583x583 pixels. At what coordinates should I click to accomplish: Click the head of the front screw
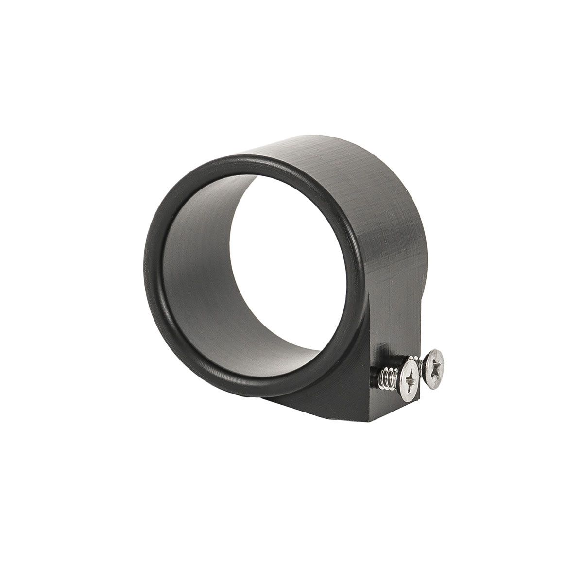pyautogui.click(x=409, y=379)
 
